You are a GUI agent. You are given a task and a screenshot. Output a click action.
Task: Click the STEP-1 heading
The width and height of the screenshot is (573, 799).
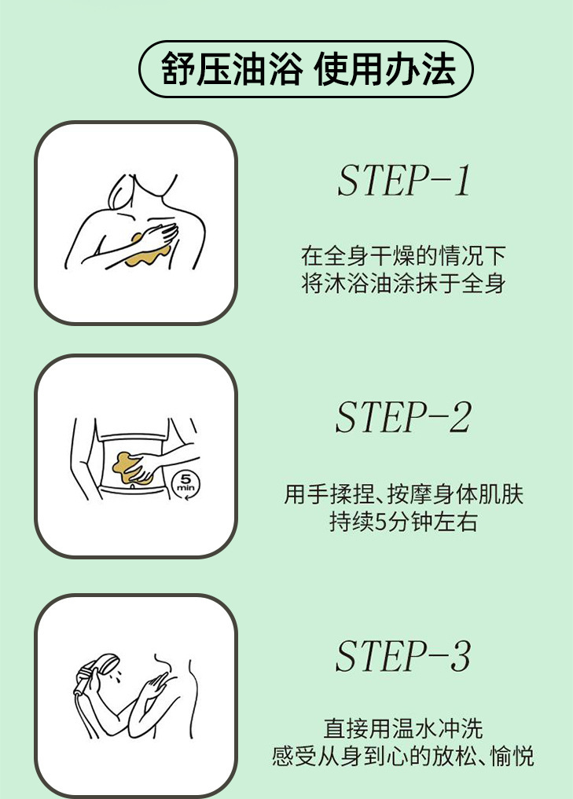(x=404, y=181)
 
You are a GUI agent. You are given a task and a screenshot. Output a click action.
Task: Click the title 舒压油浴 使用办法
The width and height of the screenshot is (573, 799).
(x=307, y=69)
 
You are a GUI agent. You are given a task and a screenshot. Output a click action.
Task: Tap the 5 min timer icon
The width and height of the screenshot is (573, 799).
(x=185, y=483)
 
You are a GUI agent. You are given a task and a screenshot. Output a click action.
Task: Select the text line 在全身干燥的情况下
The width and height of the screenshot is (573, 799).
(x=402, y=256)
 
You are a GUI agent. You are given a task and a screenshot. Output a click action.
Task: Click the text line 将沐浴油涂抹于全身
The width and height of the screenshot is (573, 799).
(x=402, y=284)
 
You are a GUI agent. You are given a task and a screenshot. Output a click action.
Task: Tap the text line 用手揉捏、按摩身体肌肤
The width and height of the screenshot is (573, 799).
(x=404, y=494)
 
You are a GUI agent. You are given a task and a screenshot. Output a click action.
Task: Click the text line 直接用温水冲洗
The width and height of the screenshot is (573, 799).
(x=402, y=728)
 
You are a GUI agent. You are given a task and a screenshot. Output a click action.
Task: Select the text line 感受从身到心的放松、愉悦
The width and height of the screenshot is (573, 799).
(x=402, y=757)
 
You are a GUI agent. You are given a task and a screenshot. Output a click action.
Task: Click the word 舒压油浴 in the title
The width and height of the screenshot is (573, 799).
(x=230, y=69)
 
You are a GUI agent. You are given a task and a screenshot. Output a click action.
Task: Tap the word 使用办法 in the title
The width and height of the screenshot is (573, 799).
(x=384, y=69)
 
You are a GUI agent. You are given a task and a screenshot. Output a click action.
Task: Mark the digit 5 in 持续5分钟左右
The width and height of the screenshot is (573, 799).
(x=380, y=522)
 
